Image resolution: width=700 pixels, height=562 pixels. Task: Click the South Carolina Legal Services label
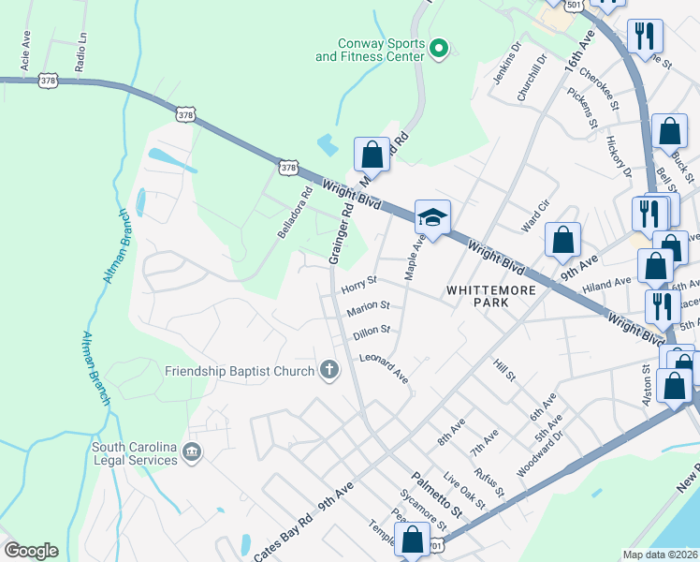pos(135,453)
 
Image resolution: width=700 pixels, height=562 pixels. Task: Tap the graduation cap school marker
pos(432,219)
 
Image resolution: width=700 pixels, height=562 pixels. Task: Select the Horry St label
pos(358,281)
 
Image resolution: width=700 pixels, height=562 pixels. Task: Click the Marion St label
pos(367,308)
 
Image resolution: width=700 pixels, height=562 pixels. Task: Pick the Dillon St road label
pos(372,333)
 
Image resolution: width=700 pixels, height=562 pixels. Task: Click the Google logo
pos(31,550)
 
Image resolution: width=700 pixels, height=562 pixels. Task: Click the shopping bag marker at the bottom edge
pos(412,541)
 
